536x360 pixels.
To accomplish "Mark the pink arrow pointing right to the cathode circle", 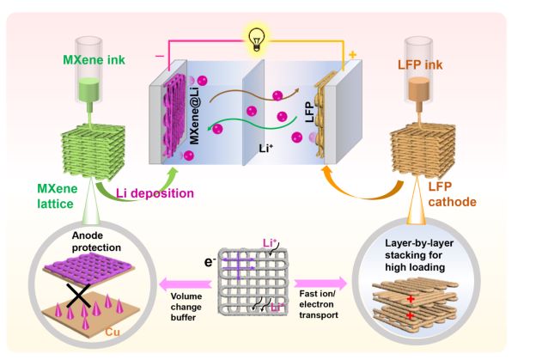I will tap(329, 282).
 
